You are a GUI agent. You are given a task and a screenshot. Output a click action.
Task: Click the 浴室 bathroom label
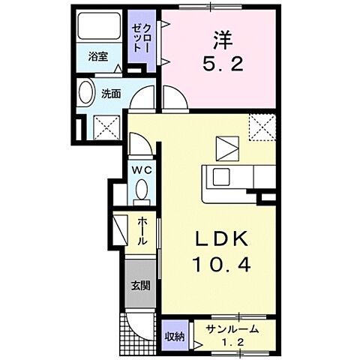[98, 56]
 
